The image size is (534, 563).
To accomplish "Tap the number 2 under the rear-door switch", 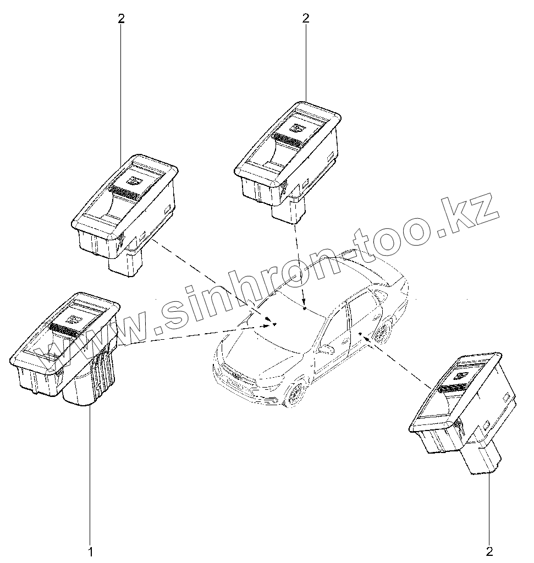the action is point(489,550).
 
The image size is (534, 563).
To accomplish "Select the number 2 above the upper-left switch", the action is point(121,18).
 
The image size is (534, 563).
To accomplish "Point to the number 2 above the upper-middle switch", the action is point(306,18).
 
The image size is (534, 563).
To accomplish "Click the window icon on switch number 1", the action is point(74,317).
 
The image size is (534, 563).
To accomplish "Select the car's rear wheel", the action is point(383,332).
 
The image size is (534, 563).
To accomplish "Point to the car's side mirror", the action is point(326,350).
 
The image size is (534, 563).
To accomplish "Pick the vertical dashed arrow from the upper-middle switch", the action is point(300,264).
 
